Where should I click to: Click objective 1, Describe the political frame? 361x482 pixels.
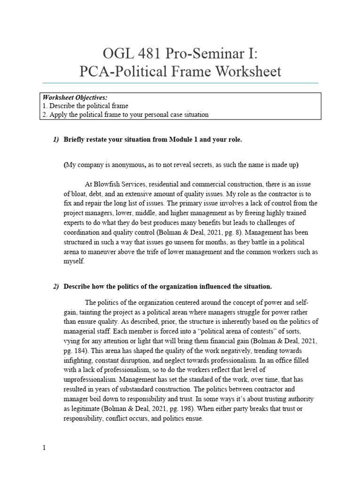[85, 106]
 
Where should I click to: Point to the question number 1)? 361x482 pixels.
[56, 140]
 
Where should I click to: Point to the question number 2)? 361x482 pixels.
[56, 287]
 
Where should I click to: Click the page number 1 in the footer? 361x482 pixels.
[44, 448]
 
